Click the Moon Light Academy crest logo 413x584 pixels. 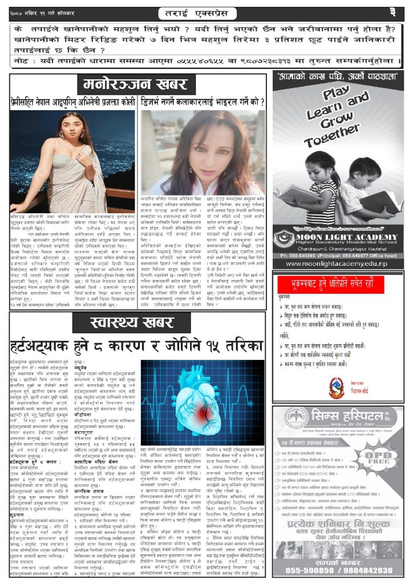(x=284, y=238)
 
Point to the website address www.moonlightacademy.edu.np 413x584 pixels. (x=339, y=263)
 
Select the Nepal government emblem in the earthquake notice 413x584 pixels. (x=336, y=371)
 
